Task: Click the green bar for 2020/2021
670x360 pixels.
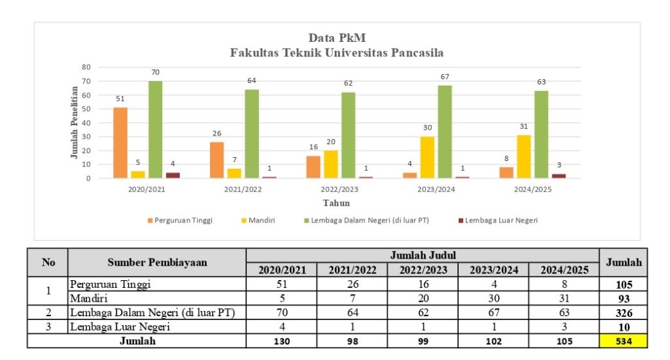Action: coord(155,130)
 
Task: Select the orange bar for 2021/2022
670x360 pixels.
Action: coord(217,160)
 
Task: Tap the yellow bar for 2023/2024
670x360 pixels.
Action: coord(427,157)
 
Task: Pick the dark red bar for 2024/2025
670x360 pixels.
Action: coord(559,175)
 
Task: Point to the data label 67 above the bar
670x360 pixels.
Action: coord(445,77)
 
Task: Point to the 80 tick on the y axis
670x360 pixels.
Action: coord(86,67)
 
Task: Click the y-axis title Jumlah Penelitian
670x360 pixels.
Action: coord(74,122)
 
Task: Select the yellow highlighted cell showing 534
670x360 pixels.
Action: coord(624,340)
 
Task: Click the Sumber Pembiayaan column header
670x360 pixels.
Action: coord(157,262)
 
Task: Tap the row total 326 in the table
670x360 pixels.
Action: coord(624,313)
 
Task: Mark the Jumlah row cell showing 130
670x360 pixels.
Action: coord(281,340)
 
